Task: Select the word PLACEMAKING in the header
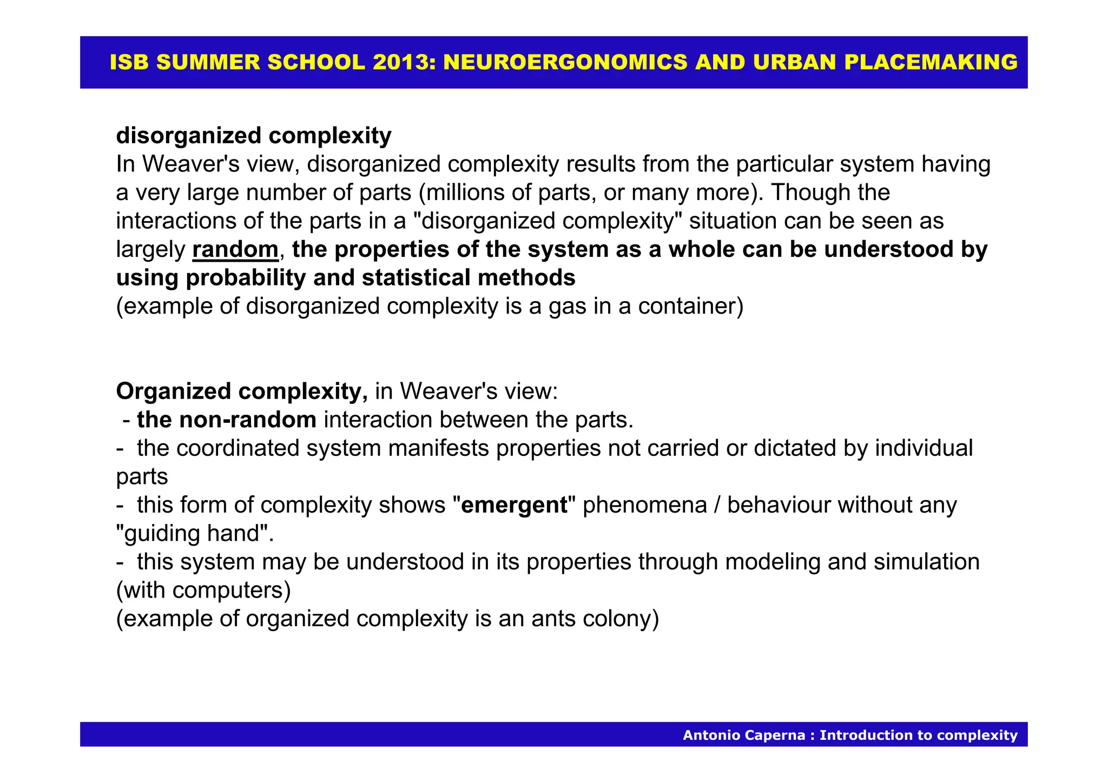931,63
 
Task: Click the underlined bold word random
235,250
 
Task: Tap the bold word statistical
417,278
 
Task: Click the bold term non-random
227,420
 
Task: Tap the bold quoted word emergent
514,506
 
